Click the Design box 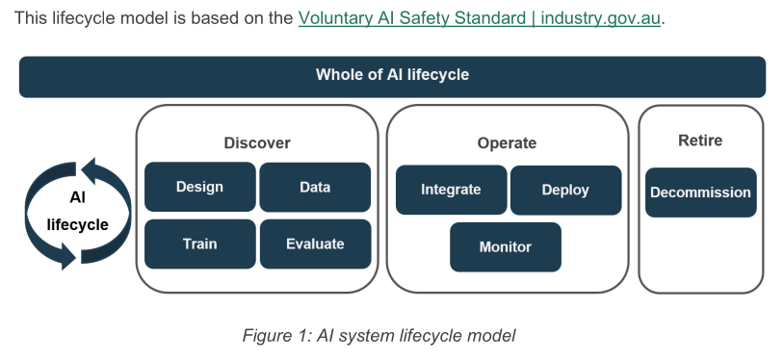[200, 187]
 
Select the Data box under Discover [315, 187]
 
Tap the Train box [200, 244]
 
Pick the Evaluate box [315, 244]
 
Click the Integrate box [451, 190]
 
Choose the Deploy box [565, 190]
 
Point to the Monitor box [506, 247]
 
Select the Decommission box [700, 193]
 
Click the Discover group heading [257, 143]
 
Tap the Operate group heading [507, 143]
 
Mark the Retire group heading [700, 141]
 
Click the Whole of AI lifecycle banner [393, 76]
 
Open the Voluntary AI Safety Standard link [479, 18]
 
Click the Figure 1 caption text [379, 335]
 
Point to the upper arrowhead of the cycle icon [89, 171]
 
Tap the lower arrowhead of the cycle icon [67, 255]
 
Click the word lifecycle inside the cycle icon [77, 225]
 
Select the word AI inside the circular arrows [77, 197]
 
